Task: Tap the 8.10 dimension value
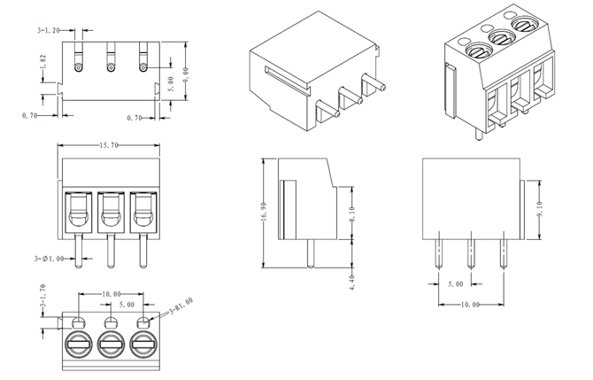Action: click(x=352, y=213)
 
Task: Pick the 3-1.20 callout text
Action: click(x=49, y=30)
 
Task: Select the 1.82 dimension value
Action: click(x=42, y=64)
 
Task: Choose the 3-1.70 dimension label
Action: click(x=42, y=298)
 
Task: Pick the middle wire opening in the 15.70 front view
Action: click(x=110, y=213)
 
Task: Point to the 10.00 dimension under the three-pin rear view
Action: click(x=470, y=304)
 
